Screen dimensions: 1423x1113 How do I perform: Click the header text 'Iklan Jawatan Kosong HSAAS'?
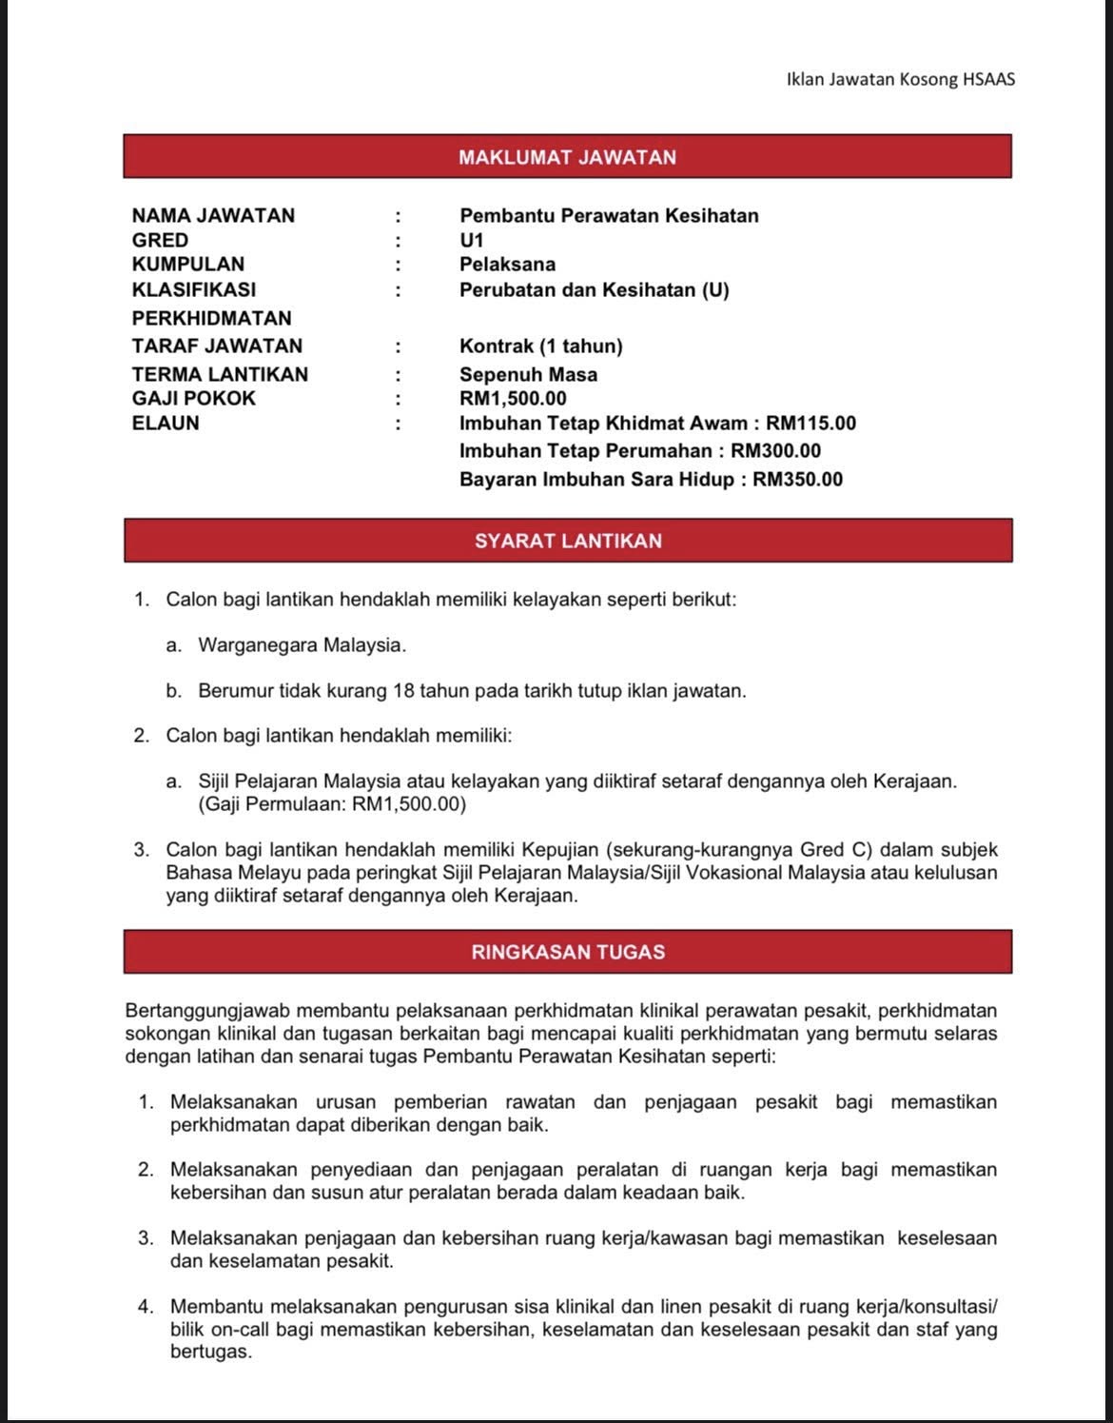tap(900, 79)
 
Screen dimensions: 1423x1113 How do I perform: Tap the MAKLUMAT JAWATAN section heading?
tap(567, 157)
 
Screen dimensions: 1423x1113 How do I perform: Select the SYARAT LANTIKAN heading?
tap(568, 541)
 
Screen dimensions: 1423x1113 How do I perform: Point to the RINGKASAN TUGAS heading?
tap(568, 952)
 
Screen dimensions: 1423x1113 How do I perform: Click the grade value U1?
tap(472, 240)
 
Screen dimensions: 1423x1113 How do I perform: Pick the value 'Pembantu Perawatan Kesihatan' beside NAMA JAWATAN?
tap(609, 215)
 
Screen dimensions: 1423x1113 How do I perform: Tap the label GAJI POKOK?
tap(194, 398)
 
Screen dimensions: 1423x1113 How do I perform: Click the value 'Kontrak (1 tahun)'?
tap(541, 346)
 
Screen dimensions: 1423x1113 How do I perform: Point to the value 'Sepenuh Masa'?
tap(528, 374)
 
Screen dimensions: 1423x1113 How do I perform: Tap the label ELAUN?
tap(166, 423)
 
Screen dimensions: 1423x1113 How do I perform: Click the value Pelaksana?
tap(507, 264)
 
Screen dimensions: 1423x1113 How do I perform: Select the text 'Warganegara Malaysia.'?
tap(302, 645)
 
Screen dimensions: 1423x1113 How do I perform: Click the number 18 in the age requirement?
tap(402, 690)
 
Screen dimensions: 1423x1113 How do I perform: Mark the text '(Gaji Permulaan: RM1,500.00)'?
tap(332, 804)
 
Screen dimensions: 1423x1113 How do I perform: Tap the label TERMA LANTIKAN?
tap(220, 374)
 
